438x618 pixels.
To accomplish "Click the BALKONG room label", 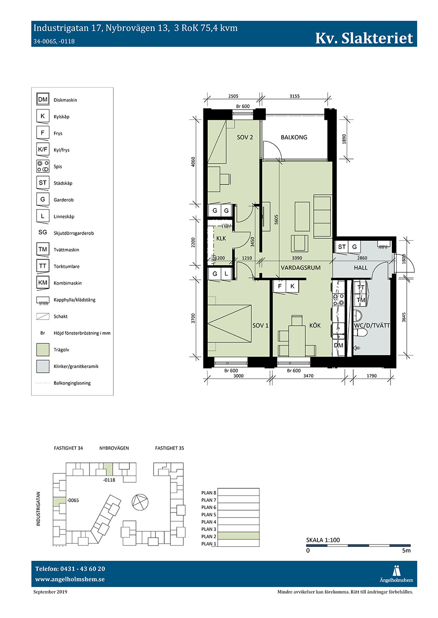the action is click(x=294, y=137).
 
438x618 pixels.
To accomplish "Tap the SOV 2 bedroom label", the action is click(x=244, y=137).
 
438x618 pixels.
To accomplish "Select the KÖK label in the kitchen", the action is click(x=315, y=325).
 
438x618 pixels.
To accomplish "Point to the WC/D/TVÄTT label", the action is click(x=372, y=326).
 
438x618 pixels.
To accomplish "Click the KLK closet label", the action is click(x=221, y=238).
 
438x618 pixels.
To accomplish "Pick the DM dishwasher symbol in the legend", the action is click(x=42, y=99).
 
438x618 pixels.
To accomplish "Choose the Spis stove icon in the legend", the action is click(x=42, y=166).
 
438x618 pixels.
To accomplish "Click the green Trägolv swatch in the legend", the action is click(x=43, y=349).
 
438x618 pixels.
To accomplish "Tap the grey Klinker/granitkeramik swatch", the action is click(x=43, y=366).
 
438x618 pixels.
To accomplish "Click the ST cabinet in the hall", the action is click(x=342, y=247).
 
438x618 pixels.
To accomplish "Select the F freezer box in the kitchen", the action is click(x=279, y=286).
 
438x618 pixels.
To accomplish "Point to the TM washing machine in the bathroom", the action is click(x=361, y=300).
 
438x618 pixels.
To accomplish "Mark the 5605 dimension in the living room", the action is click(x=276, y=219).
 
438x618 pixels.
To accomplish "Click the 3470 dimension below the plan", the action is click(x=308, y=375).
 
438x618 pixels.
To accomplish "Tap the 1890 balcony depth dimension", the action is click(x=344, y=139).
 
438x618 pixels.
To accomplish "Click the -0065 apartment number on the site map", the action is click(x=73, y=500).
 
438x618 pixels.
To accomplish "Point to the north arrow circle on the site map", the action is click(x=140, y=501).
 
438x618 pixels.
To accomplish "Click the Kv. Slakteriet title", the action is click(x=364, y=38).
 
